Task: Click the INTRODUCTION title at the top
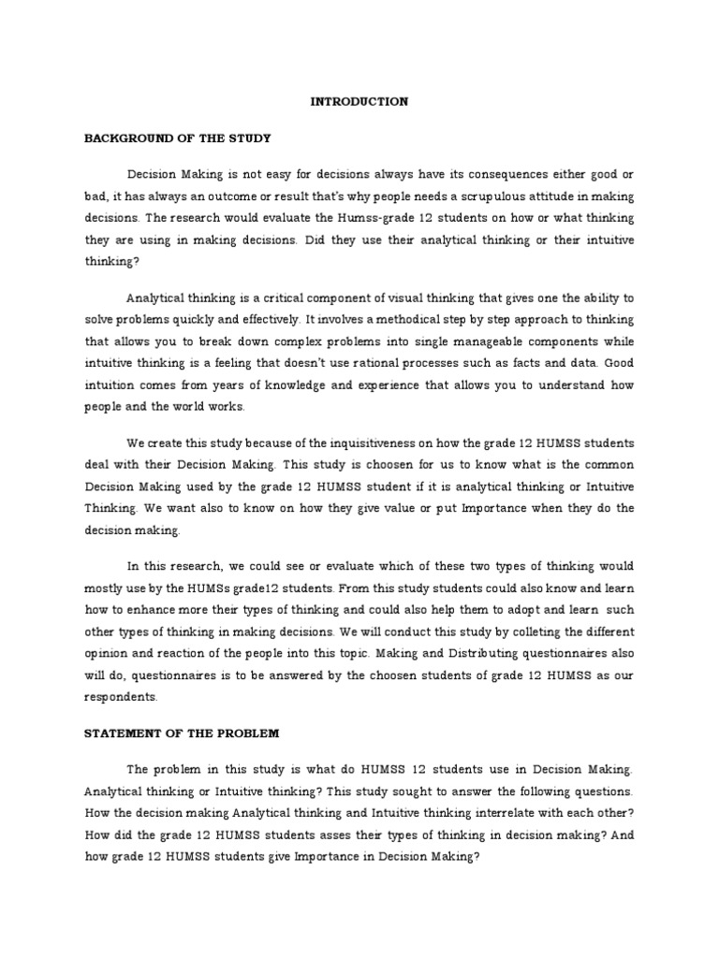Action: click(359, 102)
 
